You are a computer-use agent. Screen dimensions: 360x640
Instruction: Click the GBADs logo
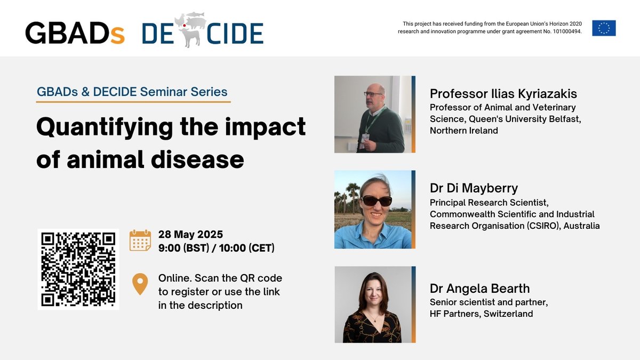[75, 33]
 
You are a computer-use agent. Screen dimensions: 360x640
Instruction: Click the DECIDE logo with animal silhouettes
[203, 31]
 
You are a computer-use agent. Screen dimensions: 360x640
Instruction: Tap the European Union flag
[604, 28]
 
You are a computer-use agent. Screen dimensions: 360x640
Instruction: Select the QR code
[78, 269]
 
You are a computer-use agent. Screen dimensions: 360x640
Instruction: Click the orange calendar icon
[140, 241]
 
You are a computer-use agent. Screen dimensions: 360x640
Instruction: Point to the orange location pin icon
[140, 284]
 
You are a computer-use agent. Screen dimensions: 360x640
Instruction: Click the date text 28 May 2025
[190, 235]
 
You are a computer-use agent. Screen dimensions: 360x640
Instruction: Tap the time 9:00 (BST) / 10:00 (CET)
[217, 247]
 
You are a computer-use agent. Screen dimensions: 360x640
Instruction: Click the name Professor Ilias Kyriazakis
[503, 94]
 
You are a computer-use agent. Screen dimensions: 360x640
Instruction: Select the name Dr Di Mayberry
[474, 188]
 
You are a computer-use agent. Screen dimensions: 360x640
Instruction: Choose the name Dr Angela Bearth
[479, 289]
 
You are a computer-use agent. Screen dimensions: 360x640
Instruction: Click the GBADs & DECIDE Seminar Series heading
[132, 91]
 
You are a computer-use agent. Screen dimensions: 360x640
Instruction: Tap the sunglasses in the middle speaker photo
[377, 201]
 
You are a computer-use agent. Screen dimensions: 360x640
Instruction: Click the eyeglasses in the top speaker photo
[373, 94]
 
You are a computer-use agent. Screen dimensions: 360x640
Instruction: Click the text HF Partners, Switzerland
[481, 314]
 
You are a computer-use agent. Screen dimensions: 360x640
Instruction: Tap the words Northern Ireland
[463, 130]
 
